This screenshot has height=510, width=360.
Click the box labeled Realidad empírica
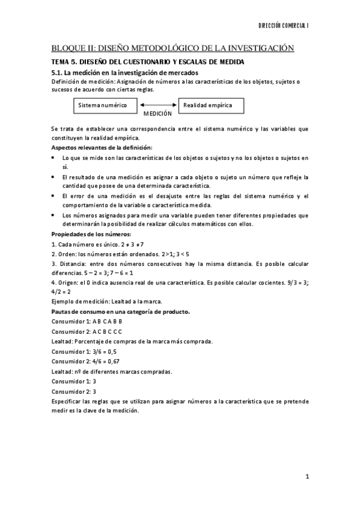click(x=205, y=105)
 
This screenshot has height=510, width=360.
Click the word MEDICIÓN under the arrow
click(x=157, y=113)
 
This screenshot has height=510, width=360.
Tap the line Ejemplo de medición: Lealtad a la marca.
click(x=107, y=302)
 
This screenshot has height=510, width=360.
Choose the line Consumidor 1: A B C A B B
click(x=87, y=322)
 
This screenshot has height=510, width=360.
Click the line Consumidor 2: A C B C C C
click(x=87, y=331)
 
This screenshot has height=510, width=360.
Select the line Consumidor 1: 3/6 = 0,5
click(x=84, y=351)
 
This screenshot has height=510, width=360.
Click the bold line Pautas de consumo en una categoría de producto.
click(x=121, y=312)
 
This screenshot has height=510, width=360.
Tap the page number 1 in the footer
click(x=307, y=478)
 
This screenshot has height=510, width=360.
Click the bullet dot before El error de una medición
click(x=54, y=197)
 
